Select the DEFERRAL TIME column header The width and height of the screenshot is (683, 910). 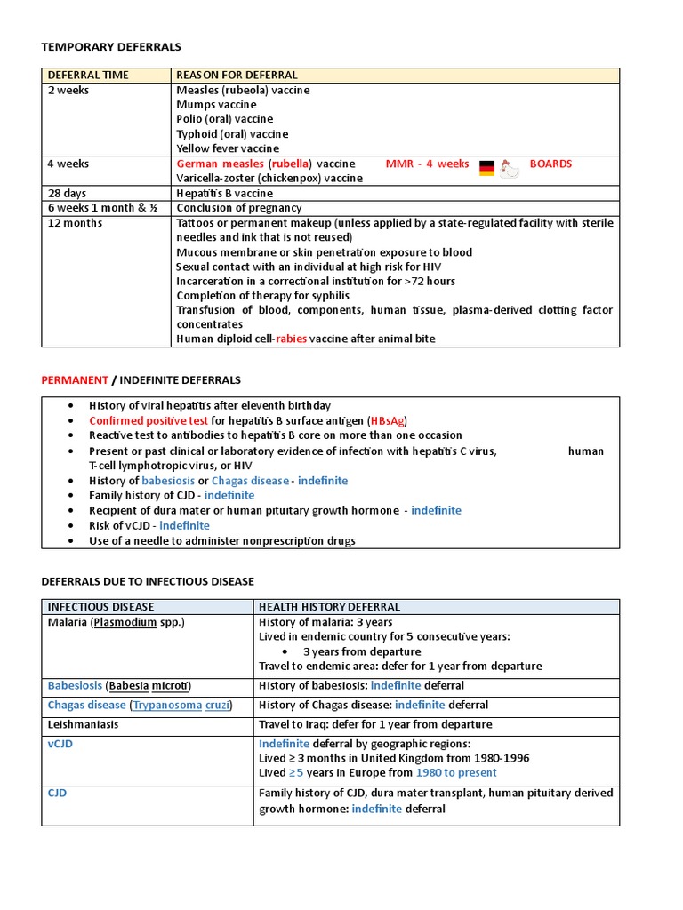[x=88, y=76]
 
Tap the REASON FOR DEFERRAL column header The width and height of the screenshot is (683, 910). [x=237, y=76]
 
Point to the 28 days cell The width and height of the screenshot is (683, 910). [x=68, y=193]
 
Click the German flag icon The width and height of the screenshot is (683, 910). [x=486, y=167]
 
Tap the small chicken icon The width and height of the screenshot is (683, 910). [x=509, y=168]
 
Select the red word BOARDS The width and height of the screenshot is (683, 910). [x=550, y=164]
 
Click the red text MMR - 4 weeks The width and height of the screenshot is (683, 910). [x=427, y=164]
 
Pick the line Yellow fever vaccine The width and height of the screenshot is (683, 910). [x=228, y=148]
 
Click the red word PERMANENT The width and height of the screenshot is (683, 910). [x=75, y=379]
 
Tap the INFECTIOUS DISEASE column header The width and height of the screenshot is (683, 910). [x=100, y=607]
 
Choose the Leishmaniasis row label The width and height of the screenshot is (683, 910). [x=83, y=724]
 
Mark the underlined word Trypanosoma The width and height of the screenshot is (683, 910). [x=168, y=705]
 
